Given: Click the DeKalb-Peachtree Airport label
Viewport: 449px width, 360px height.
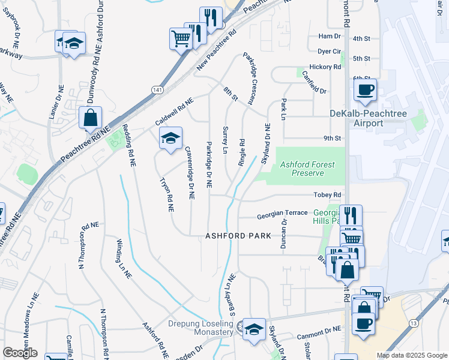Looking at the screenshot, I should click(x=356, y=118).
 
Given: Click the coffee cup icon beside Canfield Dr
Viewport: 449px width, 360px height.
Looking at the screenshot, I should click(x=365, y=91).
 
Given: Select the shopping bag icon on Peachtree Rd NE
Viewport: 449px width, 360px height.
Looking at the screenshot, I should click(x=90, y=119).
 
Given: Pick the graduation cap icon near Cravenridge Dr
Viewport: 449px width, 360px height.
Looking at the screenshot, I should click(x=170, y=139).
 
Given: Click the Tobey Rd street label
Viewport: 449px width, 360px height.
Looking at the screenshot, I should click(x=327, y=195).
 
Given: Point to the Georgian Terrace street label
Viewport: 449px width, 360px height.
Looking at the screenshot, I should click(x=282, y=214).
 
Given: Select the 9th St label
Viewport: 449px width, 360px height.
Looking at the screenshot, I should click(x=332, y=138).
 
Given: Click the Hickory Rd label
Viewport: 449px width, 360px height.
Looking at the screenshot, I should click(x=324, y=67).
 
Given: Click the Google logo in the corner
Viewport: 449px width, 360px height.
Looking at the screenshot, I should click(x=20, y=353).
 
